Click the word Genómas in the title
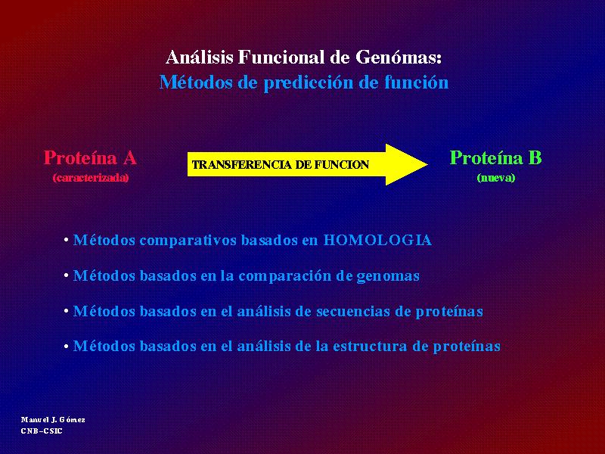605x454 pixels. pyautogui.click(x=399, y=58)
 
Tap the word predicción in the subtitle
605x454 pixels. pyautogui.click(x=308, y=83)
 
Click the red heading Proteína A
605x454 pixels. pyautogui.click(x=90, y=157)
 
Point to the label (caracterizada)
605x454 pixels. pyautogui.click(x=91, y=178)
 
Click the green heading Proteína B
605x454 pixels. pyautogui.click(x=496, y=157)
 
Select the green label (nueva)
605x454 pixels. pyautogui.click(x=496, y=178)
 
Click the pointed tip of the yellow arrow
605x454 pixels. pyautogui.click(x=427, y=164)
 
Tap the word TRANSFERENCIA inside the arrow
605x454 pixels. pyautogui.click(x=241, y=165)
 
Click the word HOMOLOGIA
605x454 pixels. pyautogui.click(x=377, y=240)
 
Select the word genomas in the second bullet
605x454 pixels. pyautogui.click(x=388, y=276)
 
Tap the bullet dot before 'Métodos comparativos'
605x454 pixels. pyautogui.click(x=67, y=240)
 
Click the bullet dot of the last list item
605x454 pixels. pyautogui.click(x=67, y=347)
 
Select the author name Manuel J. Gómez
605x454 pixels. pyautogui.click(x=53, y=420)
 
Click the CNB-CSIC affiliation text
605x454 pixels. pyautogui.click(x=42, y=431)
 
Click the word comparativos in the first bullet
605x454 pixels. pyautogui.click(x=188, y=241)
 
